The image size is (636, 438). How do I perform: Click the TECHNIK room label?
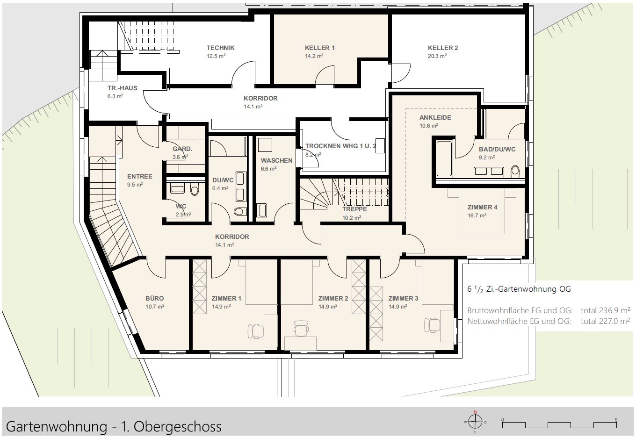coord(220,48)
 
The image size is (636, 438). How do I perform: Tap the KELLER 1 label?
coord(319,48)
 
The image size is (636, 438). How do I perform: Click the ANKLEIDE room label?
coord(435,117)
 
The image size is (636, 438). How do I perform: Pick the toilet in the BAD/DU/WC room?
coord(515,171)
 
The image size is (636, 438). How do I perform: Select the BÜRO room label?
coord(154,298)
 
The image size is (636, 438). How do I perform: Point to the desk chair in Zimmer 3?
coord(432,324)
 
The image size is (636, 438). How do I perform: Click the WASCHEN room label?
coord(276,160)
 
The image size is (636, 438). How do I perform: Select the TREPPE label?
coord(354,209)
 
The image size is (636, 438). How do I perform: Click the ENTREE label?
coord(139,176)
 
